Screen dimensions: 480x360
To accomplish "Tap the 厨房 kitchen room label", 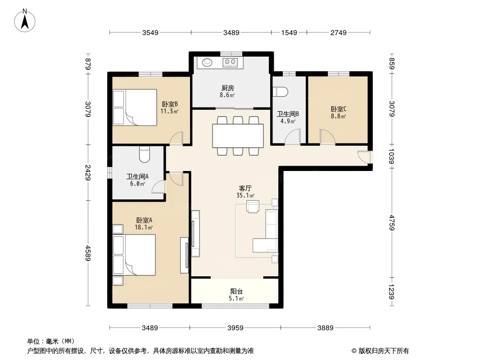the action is (x=228, y=88).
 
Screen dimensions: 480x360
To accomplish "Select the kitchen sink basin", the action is (x=207, y=63).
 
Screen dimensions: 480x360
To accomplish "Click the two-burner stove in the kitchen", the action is (x=230, y=63).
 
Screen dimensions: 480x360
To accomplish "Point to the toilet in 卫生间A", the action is (x=144, y=155).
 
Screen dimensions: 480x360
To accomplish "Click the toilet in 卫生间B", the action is (x=280, y=92).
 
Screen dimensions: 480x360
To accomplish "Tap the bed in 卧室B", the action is (x=135, y=108).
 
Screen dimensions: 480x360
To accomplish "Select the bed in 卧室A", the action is (x=134, y=255).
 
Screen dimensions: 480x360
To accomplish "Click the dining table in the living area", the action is (x=238, y=136).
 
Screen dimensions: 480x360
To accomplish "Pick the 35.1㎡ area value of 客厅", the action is (x=245, y=195).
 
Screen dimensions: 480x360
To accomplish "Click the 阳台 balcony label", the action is (x=236, y=292).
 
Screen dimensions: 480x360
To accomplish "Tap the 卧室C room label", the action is (x=338, y=109).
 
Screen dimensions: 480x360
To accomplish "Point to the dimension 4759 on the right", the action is (x=392, y=223).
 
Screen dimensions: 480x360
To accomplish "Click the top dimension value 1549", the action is (x=289, y=32).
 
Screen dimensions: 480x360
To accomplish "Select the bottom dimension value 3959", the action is (x=235, y=328).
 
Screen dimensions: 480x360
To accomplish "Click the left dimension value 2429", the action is (x=88, y=172).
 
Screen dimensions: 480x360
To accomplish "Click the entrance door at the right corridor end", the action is (x=365, y=157).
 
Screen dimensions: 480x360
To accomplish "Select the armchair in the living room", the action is (x=253, y=206).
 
